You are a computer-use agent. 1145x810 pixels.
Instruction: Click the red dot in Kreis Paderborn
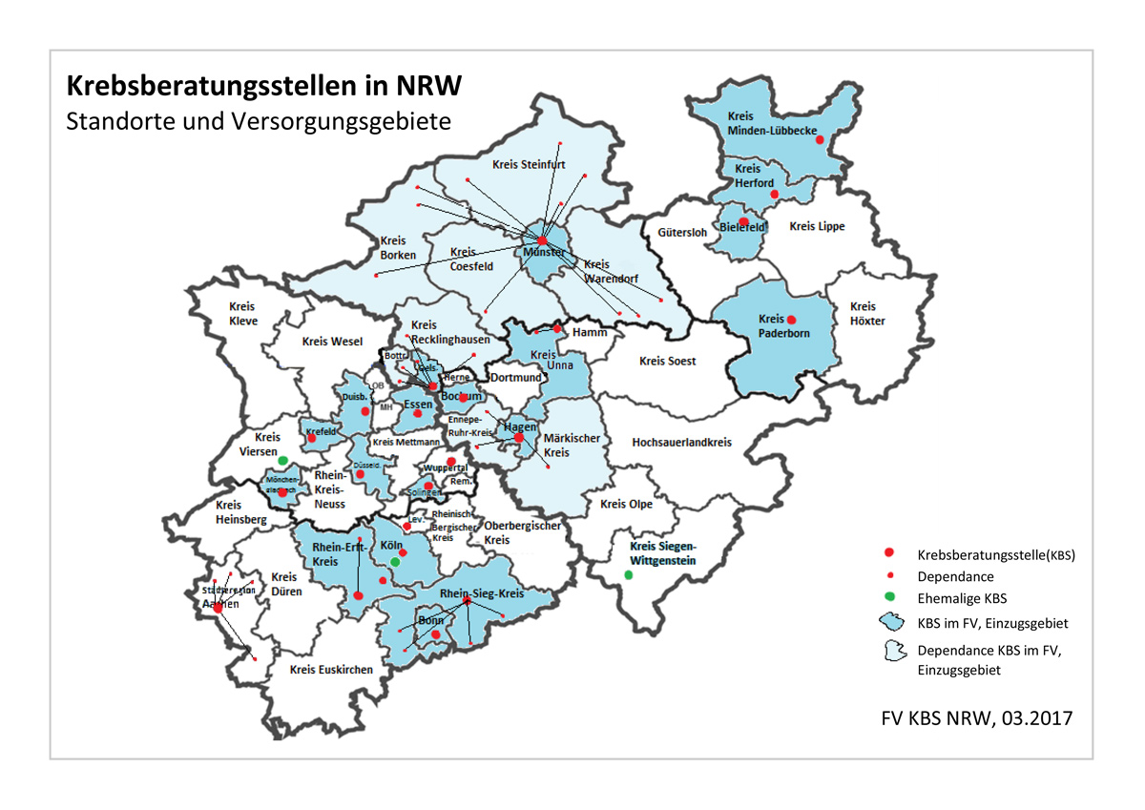(x=791, y=320)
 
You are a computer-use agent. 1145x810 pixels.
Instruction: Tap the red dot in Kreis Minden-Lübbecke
(x=820, y=139)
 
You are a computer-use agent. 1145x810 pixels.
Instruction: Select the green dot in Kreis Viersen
(x=282, y=461)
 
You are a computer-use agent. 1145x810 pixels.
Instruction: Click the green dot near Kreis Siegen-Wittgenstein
(x=628, y=575)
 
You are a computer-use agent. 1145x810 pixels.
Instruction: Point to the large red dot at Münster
(x=542, y=240)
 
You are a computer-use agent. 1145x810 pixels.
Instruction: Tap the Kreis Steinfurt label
(x=522, y=164)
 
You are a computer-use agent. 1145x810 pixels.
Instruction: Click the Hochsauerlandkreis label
(x=681, y=443)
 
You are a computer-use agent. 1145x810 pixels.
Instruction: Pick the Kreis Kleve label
(x=242, y=314)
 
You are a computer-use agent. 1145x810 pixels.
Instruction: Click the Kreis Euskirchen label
(x=331, y=670)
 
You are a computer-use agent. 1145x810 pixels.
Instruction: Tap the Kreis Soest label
(x=667, y=362)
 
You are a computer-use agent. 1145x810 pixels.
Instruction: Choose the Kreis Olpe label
(x=627, y=504)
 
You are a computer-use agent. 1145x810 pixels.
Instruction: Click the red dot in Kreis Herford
(x=775, y=195)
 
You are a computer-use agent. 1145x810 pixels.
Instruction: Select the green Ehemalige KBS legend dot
(x=889, y=598)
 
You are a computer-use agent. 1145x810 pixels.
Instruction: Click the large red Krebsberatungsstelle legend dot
(x=889, y=553)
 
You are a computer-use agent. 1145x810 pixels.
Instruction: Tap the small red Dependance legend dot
(x=889, y=576)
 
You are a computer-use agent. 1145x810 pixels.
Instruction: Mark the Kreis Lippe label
(x=817, y=226)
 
